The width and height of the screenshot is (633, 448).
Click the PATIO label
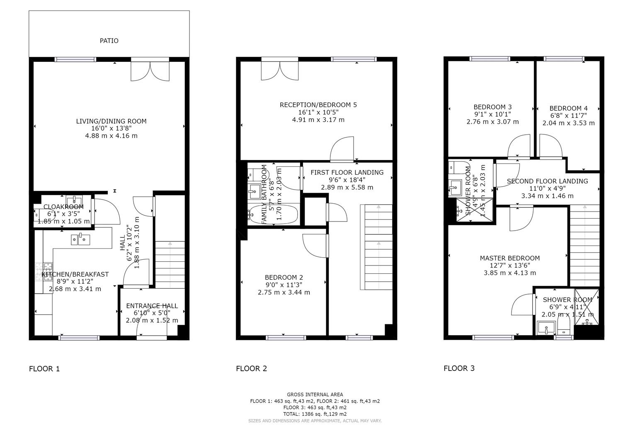pos(109,41)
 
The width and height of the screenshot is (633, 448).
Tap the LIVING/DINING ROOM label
pos(111,121)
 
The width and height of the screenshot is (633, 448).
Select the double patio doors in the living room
pos(150,71)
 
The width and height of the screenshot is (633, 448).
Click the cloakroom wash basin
pos(74,200)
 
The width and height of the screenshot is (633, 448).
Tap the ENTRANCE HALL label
pos(152,306)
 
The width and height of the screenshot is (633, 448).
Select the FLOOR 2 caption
pos(251,368)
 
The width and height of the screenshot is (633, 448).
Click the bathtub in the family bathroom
pos(273,214)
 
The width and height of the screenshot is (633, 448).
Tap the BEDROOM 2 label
pos(284,278)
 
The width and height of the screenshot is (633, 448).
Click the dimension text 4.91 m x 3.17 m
pos(318,120)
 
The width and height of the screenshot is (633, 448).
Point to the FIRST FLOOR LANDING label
pos(347,172)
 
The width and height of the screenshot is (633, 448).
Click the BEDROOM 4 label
pos(568,108)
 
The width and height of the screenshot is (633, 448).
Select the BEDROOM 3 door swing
pos(519,147)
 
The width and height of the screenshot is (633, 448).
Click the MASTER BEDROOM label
pos(509,258)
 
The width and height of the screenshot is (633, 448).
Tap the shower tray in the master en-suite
pos(587,307)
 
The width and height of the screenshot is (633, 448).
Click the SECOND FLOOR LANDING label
pos(547,181)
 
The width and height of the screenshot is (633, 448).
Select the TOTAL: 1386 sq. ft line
pos(315,414)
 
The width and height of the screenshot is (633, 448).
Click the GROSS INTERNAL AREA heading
pos(315,394)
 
